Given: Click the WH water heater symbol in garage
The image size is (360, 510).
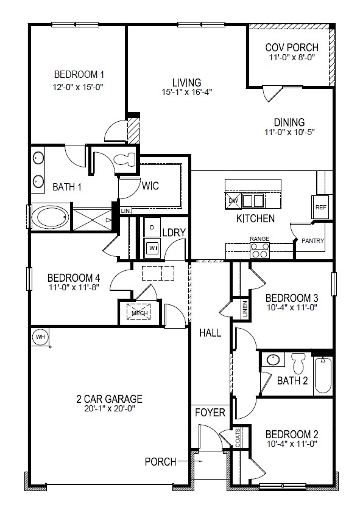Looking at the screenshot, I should coord(41,337).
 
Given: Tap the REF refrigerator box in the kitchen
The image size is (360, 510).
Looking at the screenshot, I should coord(320,207).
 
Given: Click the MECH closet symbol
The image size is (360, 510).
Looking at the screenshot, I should coord(139,313).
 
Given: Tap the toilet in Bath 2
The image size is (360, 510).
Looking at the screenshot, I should coord(298,363).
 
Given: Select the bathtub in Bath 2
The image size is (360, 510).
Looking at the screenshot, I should coord(322,376).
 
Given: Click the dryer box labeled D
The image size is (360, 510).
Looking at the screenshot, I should coord(151,227).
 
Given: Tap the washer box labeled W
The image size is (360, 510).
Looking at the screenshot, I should coord(151,248).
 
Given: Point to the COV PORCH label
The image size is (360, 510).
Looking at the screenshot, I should coord(289,47).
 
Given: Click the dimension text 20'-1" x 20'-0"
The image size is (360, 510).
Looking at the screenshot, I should coord(109,410).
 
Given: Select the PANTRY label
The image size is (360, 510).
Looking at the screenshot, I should coord(313,240).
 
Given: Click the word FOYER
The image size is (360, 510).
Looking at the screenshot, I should coord(210,413).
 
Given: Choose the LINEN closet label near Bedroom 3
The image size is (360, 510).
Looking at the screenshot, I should coord(244,310).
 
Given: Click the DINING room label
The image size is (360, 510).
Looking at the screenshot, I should coord(289,122).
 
